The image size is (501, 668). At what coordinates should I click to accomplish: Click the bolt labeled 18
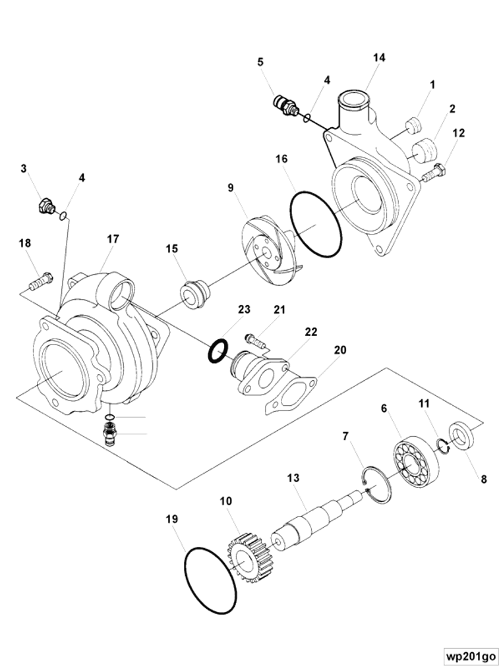point(40,282)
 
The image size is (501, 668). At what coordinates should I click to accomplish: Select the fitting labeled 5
point(285,106)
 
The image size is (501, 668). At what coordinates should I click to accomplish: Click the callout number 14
point(378,58)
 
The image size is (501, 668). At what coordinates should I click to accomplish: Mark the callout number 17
point(113,239)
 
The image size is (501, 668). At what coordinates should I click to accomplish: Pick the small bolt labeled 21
point(254,341)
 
